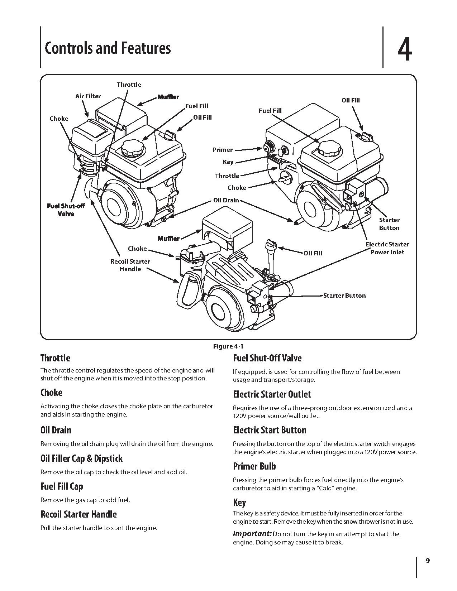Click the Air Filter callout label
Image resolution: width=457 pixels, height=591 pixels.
click(x=88, y=96)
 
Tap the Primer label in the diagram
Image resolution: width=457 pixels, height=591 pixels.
click(x=222, y=150)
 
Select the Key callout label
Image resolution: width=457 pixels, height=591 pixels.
click(x=228, y=162)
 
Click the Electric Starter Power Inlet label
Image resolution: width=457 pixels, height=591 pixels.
click(x=387, y=248)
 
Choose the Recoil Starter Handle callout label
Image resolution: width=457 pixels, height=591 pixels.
click(x=130, y=265)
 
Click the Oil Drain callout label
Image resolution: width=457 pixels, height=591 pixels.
click(x=226, y=200)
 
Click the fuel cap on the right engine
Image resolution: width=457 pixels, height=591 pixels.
click(x=329, y=147)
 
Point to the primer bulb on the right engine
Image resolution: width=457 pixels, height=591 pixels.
click(x=268, y=147)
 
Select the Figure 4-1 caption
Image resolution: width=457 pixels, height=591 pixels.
click(x=228, y=346)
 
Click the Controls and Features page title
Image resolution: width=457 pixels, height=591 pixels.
click(x=108, y=48)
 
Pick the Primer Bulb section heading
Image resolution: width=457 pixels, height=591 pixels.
click(x=254, y=466)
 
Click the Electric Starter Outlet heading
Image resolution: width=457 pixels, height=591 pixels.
click(x=272, y=394)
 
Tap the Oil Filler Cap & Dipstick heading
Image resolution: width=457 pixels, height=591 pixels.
click(x=81, y=458)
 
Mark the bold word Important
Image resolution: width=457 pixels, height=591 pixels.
click(x=252, y=534)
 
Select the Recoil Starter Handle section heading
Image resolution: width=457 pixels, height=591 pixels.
click(x=78, y=514)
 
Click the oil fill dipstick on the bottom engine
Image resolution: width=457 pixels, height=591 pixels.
click(x=269, y=251)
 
